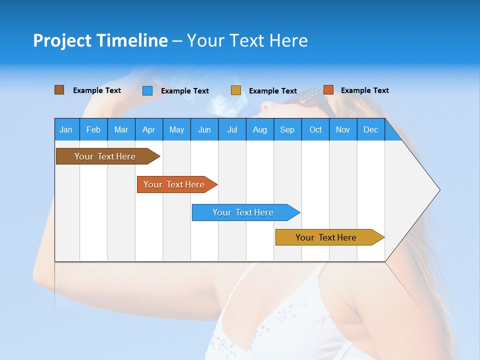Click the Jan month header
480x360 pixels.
pos(66,129)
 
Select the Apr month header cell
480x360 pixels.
pos(149,129)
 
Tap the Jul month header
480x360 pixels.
pos(232,129)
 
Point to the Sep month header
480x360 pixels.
pos(287,129)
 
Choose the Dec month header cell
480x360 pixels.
pos(370,129)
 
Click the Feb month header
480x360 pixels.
pos(93,129)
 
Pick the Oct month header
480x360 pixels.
pos(315,129)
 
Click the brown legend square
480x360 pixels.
pos(59,90)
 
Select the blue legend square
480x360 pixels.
pos(147,90)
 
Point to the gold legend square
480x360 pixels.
pos(236,90)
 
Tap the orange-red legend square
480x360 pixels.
pos(328,90)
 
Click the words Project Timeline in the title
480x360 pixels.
pos(100,40)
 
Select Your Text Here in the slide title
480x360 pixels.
pos(247,40)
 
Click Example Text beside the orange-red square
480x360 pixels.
pos(364,90)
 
